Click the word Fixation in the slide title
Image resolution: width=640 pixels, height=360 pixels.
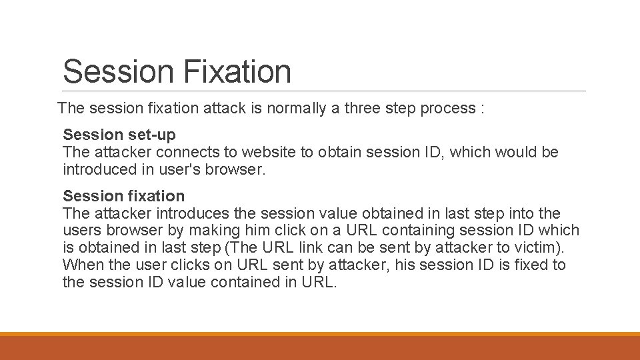[x=237, y=72]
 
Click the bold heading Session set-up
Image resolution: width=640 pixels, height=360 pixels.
[x=119, y=135]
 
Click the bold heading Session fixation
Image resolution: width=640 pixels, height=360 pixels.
[x=123, y=196]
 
